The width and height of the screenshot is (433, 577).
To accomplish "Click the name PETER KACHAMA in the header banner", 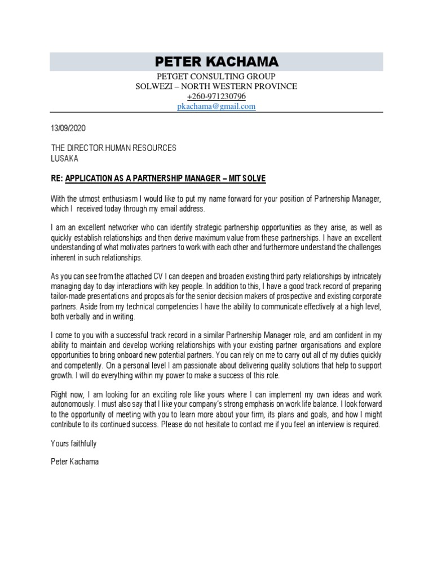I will [x=216, y=61].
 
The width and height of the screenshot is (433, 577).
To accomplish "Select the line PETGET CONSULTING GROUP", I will [x=216, y=76].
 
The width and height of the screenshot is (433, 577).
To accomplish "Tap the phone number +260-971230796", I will [x=216, y=96].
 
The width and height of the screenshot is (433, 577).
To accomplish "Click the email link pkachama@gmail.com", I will [x=216, y=106].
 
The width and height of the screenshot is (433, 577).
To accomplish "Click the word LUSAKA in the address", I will [x=65, y=158].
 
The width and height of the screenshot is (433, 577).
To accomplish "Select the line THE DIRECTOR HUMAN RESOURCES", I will [x=114, y=148].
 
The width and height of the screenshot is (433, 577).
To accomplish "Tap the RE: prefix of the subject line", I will [x=57, y=179].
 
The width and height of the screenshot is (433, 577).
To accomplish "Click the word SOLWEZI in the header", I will [x=153, y=86].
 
